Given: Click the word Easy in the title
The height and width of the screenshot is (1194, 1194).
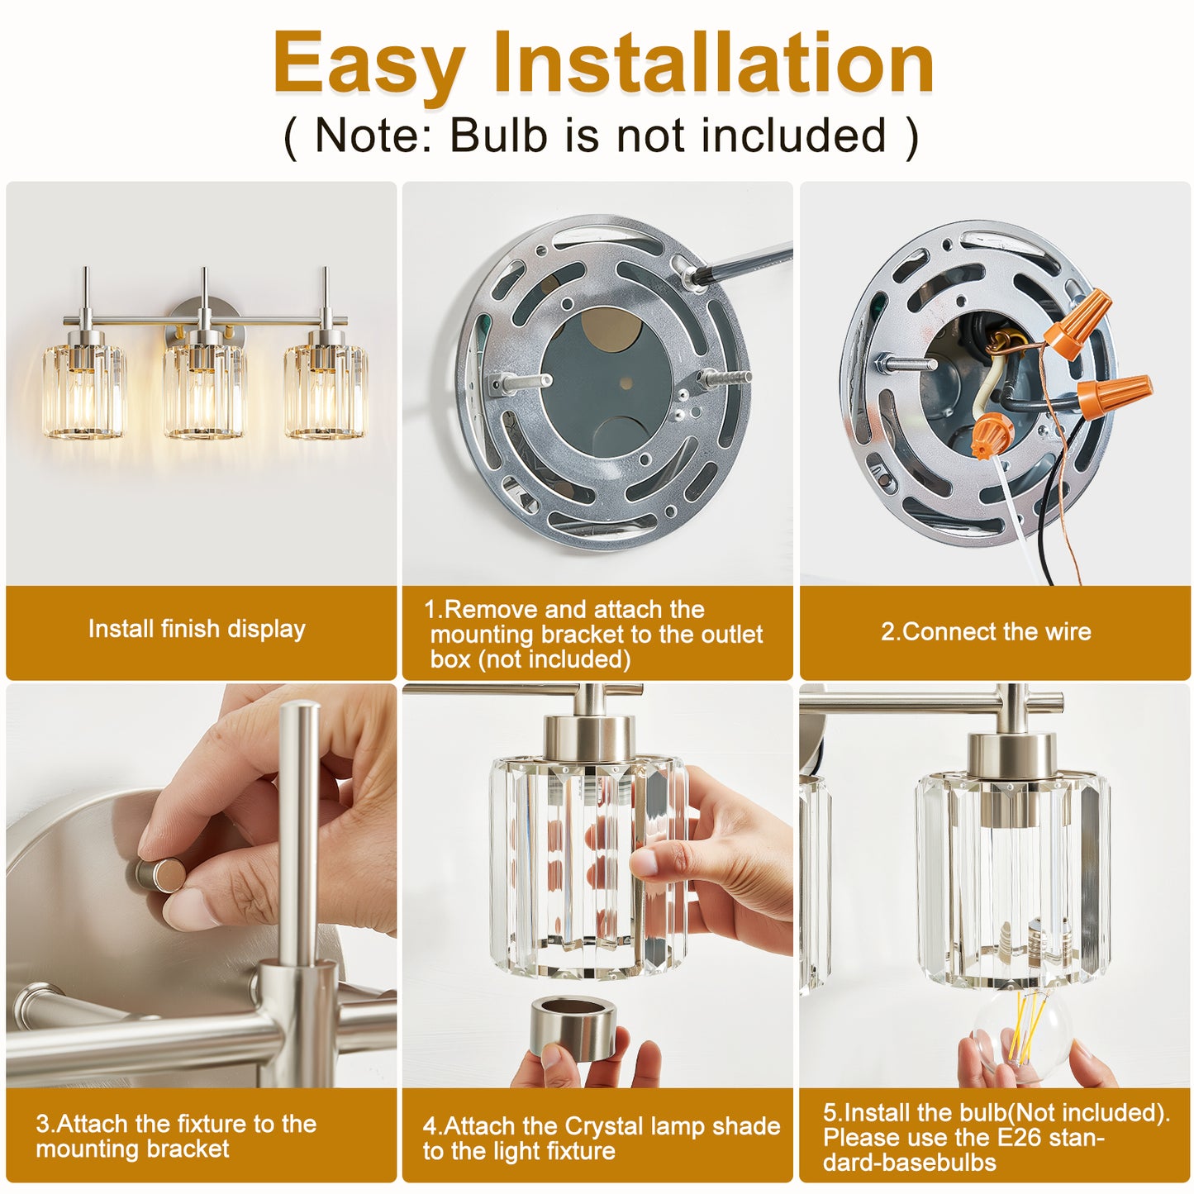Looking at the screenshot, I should pyautogui.click(x=369, y=64).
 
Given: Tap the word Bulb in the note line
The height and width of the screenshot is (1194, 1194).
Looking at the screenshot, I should pyautogui.click(x=498, y=136).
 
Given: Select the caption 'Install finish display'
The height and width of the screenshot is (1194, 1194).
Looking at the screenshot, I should pyautogui.click(x=197, y=629).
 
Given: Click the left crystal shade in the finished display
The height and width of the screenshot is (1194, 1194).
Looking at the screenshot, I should pyautogui.click(x=83, y=391).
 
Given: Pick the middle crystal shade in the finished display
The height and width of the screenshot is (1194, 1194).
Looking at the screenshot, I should pyautogui.click(x=204, y=391).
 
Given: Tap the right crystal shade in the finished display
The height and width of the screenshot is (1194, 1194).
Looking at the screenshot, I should pyautogui.click(x=325, y=391).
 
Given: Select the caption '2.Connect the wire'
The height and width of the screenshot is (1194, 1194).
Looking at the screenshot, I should pyautogui.click(x=986, y=632).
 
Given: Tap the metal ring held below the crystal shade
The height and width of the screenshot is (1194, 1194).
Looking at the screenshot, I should pyautogui.click(x=573, y=1026).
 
